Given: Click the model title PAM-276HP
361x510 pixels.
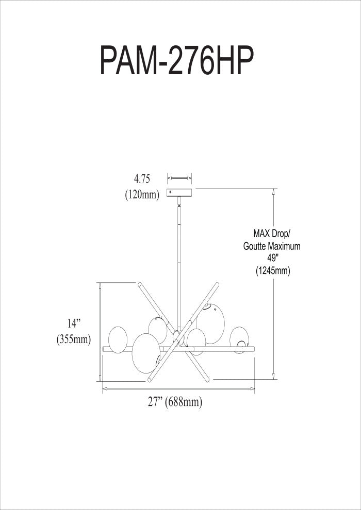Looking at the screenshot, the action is coord(177,61).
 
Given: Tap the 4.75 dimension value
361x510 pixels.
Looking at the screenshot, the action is coord(142,179).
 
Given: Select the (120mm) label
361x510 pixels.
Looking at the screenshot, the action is coord(142,195).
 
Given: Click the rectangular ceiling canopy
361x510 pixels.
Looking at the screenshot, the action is coord(179,193).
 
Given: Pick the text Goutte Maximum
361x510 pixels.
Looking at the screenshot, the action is coord(272,246).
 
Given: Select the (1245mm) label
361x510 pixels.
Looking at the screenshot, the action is coord(273,271).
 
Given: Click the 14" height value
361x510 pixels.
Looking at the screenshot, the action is coord(74,324).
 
